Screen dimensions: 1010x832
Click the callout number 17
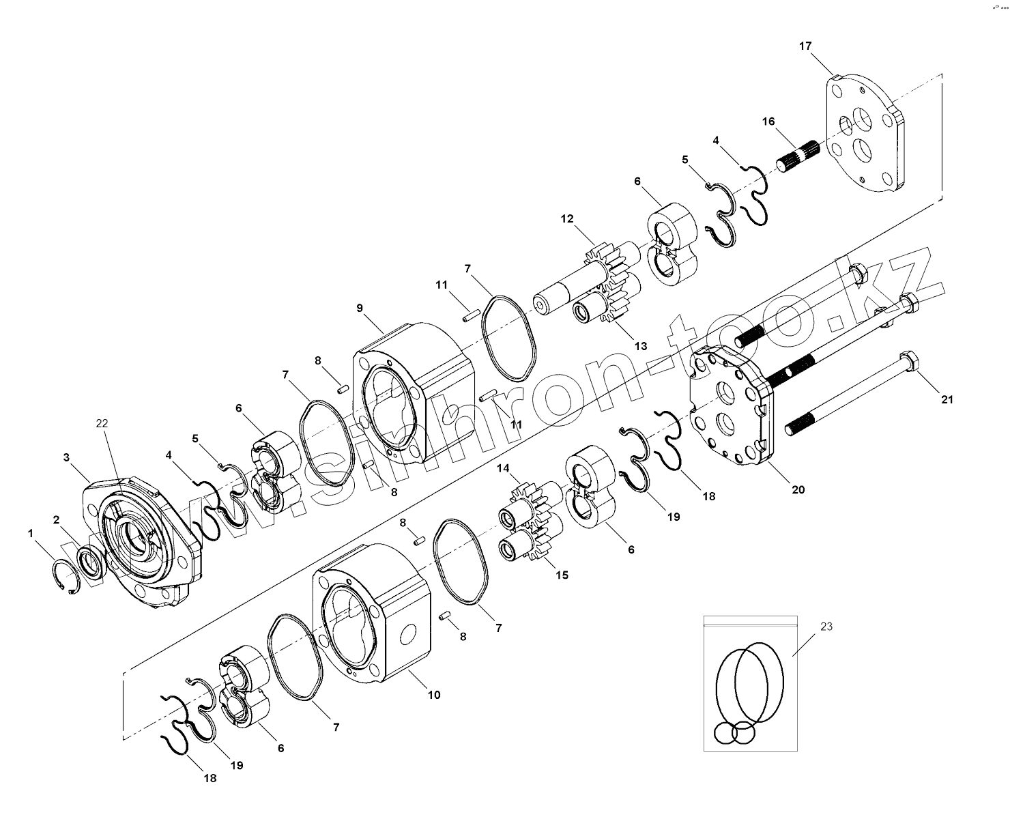805,46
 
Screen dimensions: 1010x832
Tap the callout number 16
768,121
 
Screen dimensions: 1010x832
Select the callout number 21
947,399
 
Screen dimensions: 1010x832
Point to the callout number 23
826,627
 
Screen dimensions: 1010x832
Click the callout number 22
102,423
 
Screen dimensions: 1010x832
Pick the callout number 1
31,534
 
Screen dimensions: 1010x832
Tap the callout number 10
434,695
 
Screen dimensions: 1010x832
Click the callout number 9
360,308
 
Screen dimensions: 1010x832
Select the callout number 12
567,218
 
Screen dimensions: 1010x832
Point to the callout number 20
798,489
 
